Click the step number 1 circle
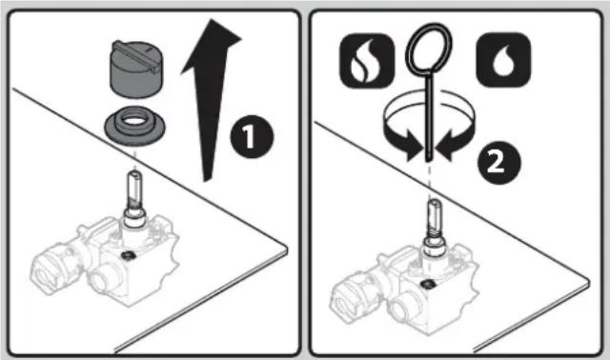[252, 136]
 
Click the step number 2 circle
[499, 163]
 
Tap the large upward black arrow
[211, 97]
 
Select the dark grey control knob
[136, 70]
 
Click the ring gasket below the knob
[135, 126]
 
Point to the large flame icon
[367, 61]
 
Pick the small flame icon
[503, 60]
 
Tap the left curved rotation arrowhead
[411, 147]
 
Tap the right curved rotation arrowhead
[447, 147]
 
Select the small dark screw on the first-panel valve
[128, 255]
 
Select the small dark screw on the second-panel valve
[428, 284]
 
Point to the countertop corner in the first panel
[286, 248]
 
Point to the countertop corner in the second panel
[588, 282]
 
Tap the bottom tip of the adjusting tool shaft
[428, 159]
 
